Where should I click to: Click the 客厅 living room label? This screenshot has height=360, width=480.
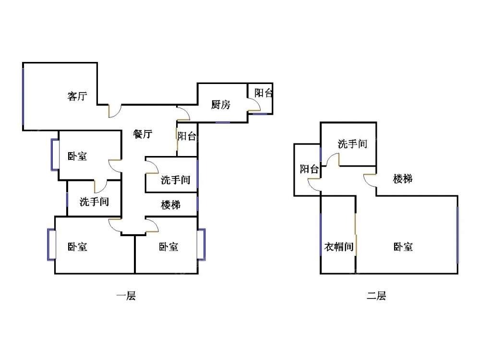[77, 96]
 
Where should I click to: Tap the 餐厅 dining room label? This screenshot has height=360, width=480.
[143, 134]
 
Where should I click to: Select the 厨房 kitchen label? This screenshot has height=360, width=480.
[221, 105]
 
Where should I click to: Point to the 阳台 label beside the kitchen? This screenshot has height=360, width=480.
[264, 93]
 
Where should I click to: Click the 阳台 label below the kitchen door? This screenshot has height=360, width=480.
[187, 136]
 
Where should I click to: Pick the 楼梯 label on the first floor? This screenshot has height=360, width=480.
[170, 205]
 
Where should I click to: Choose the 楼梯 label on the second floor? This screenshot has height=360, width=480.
[403, 179]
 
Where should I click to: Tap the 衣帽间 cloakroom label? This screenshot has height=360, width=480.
[339, 247]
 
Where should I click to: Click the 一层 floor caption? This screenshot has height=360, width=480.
[126, 296]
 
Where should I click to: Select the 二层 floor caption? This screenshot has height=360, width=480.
[376, 296]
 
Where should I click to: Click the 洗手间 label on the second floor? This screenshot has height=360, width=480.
[352, 144]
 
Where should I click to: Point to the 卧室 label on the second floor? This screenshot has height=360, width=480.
[403, 247]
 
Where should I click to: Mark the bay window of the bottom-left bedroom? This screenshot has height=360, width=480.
[51, 245]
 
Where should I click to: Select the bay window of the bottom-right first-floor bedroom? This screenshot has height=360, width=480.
[201, 245]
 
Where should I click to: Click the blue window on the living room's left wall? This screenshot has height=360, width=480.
[23, 96]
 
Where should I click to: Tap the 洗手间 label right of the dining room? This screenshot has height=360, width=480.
[175, 180]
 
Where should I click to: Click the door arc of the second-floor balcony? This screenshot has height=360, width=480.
[314, 184]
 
